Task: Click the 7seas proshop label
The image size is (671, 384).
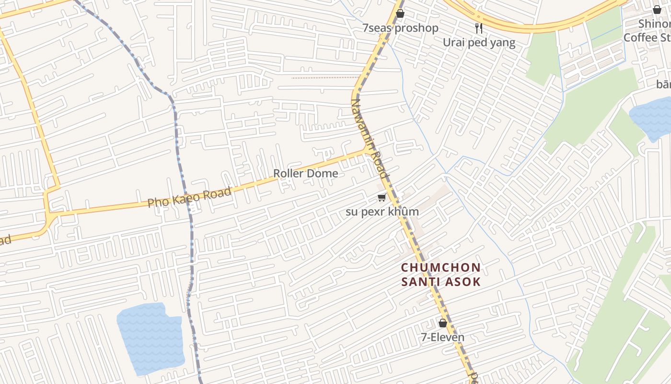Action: coord(400,28)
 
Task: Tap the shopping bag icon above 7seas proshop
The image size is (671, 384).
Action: coord(400,13)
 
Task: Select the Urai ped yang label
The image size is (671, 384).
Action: coord(479,42)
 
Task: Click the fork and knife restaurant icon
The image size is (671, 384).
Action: coord(478,28)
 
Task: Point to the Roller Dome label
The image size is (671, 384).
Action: coord(305,173)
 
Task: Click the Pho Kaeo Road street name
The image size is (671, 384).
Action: coord(189,197)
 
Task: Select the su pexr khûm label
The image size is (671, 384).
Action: coord(382,212)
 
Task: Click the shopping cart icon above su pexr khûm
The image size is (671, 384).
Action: coord(382,198)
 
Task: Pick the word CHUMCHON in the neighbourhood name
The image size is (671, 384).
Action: coord(440,267)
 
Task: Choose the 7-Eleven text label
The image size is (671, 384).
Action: coord(442,337)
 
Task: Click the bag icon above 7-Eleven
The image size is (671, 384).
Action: coord(443,323)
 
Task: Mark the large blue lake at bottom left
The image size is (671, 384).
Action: coord(151,338)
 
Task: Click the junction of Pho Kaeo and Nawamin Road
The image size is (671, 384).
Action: coord(368,151)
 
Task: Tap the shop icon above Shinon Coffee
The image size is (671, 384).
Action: coord(657,10)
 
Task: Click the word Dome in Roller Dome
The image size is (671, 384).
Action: coord(324,173)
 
